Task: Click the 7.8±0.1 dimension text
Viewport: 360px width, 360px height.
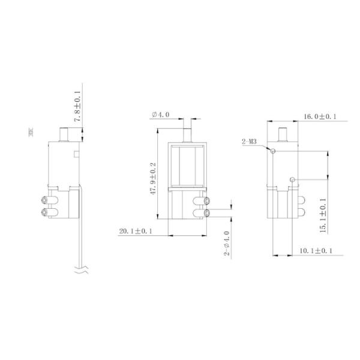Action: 77,107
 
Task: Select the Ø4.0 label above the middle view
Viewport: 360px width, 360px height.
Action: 161,115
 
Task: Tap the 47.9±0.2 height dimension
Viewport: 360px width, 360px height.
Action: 153,178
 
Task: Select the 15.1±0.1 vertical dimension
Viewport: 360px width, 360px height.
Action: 322,211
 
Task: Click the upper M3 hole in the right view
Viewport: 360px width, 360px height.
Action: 273,151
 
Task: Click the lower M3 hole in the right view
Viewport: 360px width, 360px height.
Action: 292,179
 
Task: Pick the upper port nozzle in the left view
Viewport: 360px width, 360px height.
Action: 46,200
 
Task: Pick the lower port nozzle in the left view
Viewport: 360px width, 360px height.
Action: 46,212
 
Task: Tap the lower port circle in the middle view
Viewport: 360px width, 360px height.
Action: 207,213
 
